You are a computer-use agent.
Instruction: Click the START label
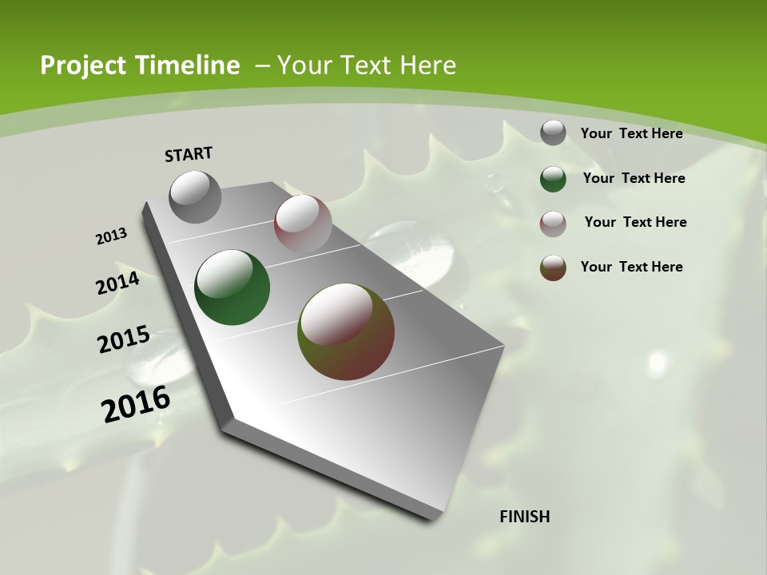click(x=189, y=154)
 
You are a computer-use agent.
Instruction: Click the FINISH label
click(x=525, y=517)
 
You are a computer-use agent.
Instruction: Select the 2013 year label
click(x=111, y=236)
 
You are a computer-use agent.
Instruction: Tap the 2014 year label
click(x=118, y=284)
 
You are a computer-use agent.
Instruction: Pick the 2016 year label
click(x=136, y=404)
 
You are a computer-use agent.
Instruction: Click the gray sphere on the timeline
click(x=196, y=196)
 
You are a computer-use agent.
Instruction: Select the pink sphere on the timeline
click(x=303, y=224)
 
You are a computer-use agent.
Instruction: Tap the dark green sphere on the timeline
click(x=232, y=287)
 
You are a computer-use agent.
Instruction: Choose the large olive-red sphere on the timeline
click(x=346, y=331)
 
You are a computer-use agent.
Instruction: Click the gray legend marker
click(x=553, y=133)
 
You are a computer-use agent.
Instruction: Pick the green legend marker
click(x=553, y=179)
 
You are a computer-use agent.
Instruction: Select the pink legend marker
click(x=553, y=224)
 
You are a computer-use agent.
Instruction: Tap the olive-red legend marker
click(x=553, y=268)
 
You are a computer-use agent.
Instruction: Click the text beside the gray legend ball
click(x=631, y=133)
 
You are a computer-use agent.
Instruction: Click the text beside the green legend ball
click(x=634, y=178)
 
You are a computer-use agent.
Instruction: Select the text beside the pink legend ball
click(x=635, y=222)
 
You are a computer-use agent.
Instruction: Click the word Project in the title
click(x=80, y=65)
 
